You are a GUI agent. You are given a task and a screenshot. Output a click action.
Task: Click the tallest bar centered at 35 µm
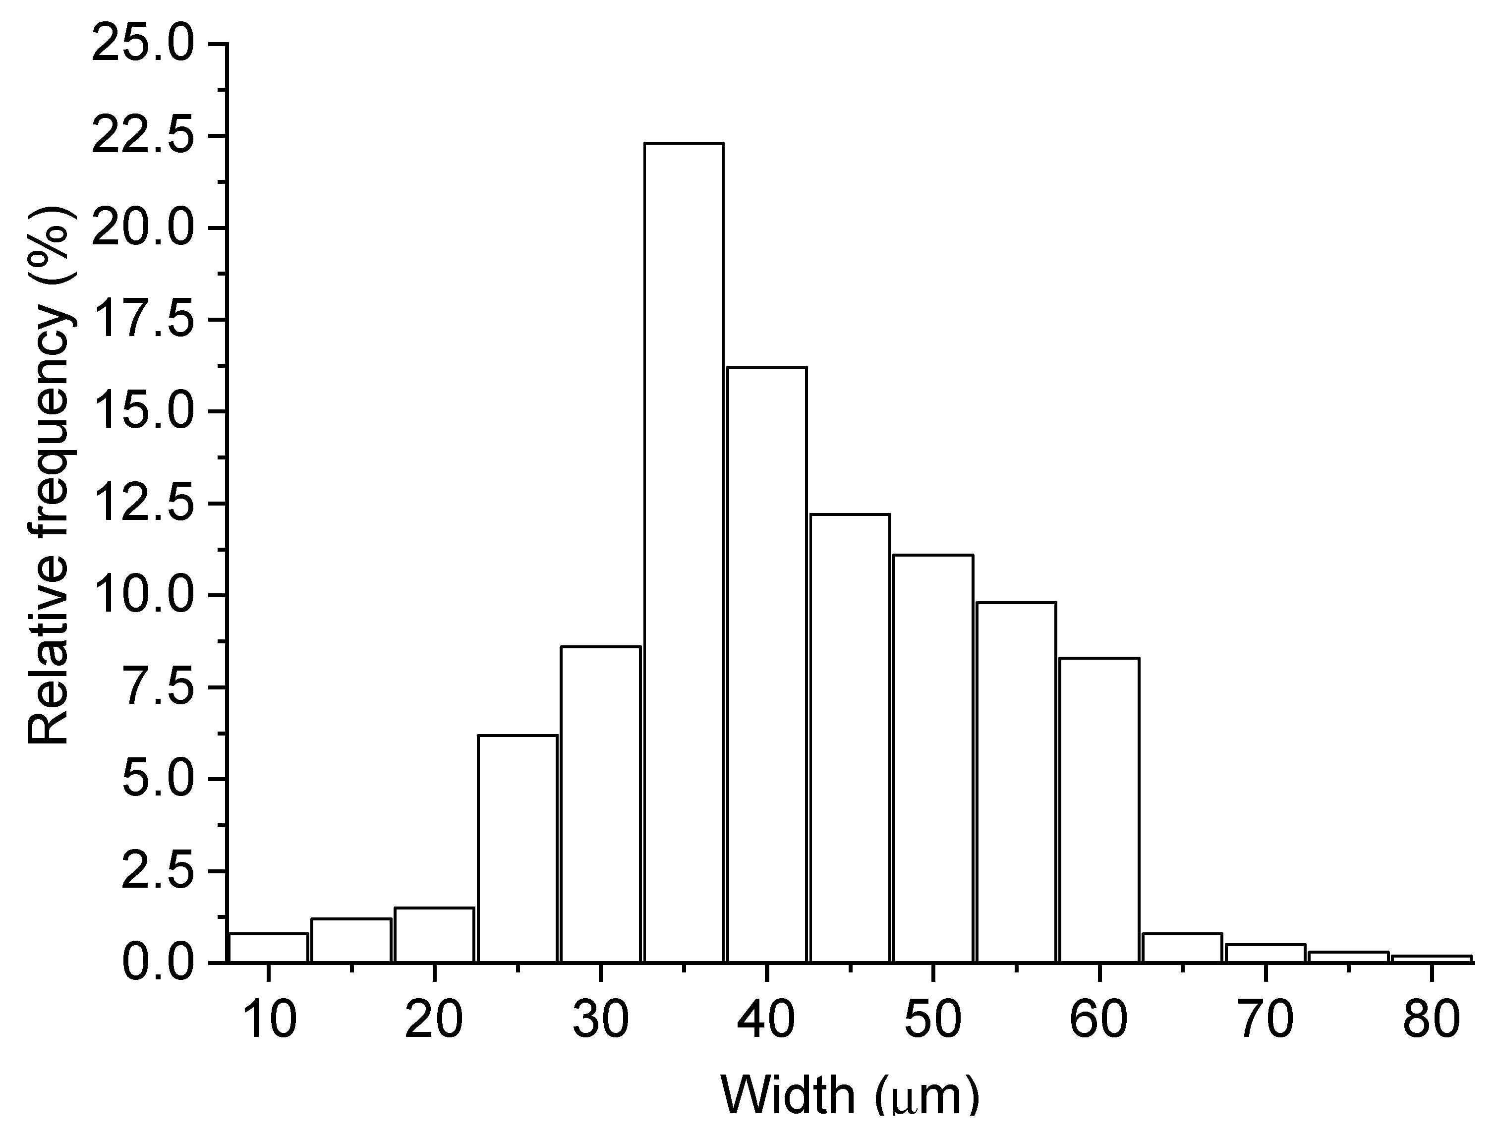pyautogui.click(x=684, y=552)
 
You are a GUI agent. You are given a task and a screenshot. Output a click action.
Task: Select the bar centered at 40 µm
pyautogui.click(x=767, y=663)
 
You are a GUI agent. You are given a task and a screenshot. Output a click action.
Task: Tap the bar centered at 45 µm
pyautogui.click(x=850, y=738)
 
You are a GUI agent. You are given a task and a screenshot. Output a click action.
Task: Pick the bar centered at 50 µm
pyautogui.click(x=933, y=758)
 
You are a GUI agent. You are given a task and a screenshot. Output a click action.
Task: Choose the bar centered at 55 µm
pyautogui.click(x=1016, y=782)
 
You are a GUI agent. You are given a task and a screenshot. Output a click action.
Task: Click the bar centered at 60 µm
pyautogui.click(x=1099, y=808)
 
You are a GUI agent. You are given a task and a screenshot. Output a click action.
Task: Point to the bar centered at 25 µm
pyautogui.click(x=518, y=848)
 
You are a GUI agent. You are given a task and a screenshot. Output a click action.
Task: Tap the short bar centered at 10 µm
pyautogui.click(x=269, y=947)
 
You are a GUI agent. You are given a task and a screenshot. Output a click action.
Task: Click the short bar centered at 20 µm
pyautogui.click(x=434, y=934)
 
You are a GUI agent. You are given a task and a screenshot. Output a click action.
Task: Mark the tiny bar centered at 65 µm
pyautogui.click(x=1182, y=947)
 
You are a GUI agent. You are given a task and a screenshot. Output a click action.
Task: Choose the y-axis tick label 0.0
pyautogui.click(x=160, y=964)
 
